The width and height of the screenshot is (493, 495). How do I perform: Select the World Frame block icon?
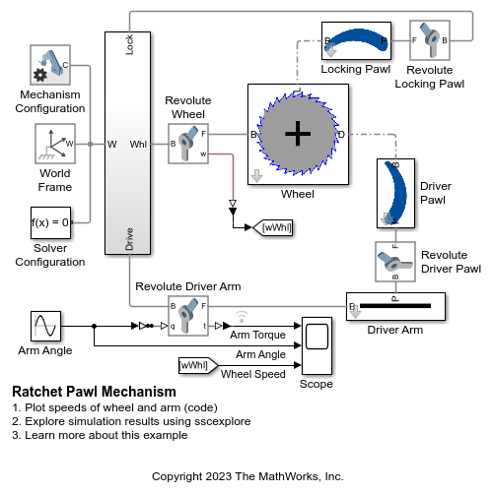pos(54,145)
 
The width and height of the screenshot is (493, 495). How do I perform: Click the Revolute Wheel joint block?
pos(187,143)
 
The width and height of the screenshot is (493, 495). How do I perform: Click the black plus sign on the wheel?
pos(297,133)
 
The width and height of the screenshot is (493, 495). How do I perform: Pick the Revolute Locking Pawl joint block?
pos(429,41)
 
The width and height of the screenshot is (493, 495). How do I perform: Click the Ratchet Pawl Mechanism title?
pos(94,393)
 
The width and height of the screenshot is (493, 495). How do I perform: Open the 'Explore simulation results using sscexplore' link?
pos(131,421)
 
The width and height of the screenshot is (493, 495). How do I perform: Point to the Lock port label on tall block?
pos(130,44)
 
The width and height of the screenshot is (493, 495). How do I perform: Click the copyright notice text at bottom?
pos(246,476)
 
